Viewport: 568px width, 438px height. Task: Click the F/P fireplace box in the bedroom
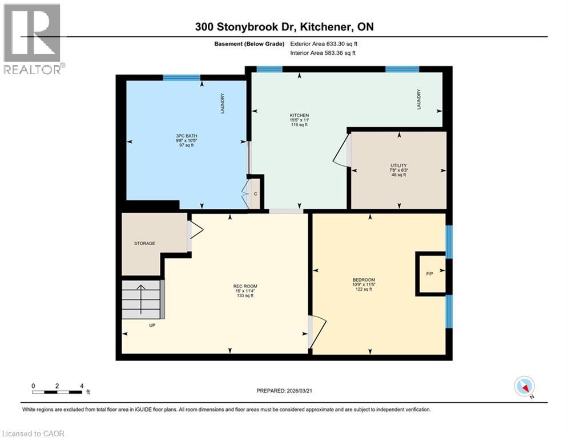coord(430,274)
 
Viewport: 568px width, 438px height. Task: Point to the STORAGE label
coord(144,244)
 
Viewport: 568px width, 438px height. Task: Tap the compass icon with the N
coord(524,387)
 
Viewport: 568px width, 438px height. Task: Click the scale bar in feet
coord(57,391)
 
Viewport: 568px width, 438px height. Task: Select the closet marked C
coord(256,193)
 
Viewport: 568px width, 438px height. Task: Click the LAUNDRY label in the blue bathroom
coord(223,104)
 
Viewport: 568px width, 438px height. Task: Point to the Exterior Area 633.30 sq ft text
coord(324,43)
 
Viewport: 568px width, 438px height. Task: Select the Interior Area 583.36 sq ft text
coord(323,52)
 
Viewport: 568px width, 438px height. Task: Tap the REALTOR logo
coord(33,39)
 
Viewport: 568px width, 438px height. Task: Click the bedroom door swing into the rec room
coord(317,332)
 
